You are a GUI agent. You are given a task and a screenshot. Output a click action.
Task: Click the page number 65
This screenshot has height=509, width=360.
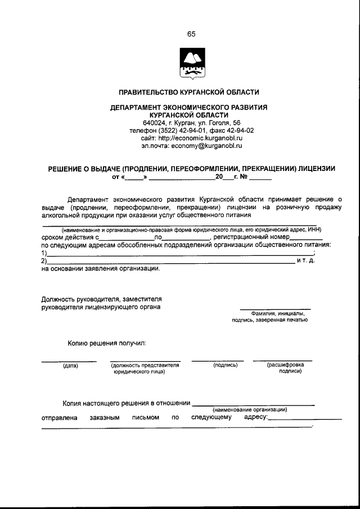(x=191, y=34)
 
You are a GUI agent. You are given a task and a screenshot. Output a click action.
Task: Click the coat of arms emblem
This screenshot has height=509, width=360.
(x=191, y=64)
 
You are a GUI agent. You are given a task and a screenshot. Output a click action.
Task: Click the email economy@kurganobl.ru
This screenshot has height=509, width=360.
(x=206, y=146)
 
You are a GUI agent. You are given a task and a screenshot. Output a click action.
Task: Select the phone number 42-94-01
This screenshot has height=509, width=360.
(x=194, y=130)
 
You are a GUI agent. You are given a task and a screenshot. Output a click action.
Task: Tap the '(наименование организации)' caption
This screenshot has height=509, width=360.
(x=250, y=409)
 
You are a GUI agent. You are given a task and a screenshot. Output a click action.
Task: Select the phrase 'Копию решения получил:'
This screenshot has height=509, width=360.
(x=107, y=342)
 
